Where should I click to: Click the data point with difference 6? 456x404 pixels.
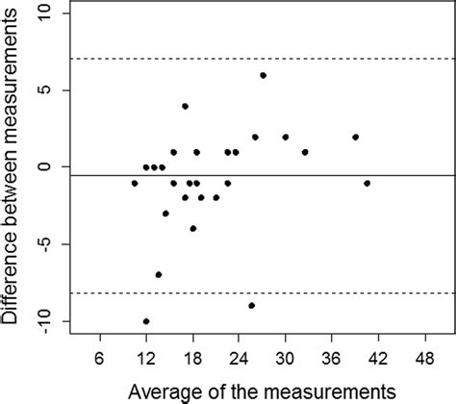[263, 75]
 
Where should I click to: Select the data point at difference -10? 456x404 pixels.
[146, 321]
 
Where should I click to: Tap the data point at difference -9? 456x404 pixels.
[251, 306]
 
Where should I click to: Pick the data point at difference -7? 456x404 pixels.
[158, 275]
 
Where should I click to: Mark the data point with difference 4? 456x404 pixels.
[185, 106]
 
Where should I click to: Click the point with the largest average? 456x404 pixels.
[367, 183]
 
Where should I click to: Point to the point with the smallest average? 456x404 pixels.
[135, 183]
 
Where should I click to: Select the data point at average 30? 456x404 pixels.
[286, 137]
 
